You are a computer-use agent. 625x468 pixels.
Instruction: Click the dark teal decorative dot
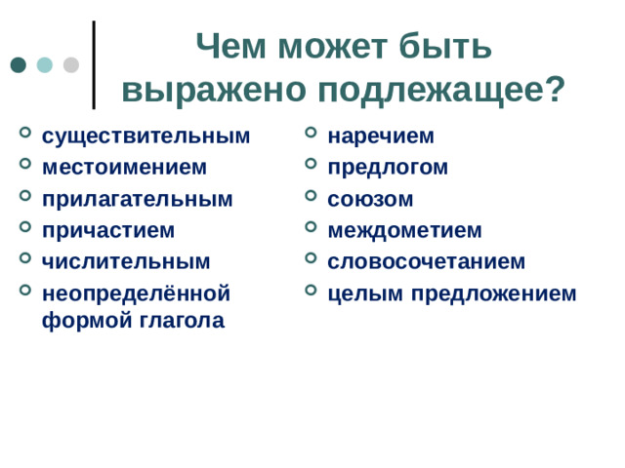(x=19, y=65)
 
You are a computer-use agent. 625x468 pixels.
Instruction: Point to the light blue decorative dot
(x=45, y=65)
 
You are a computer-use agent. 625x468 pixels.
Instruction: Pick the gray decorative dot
(x=71, y=65)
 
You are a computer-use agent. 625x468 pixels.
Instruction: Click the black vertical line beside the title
(x=94, y=64)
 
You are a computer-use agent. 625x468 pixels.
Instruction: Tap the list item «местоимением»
(x=124, y=167)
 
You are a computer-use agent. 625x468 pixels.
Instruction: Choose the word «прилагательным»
(x=137, y=199)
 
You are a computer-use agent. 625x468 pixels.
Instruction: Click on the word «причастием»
(x=108, y=230)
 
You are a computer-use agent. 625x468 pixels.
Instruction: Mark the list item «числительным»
(x=126, y=261)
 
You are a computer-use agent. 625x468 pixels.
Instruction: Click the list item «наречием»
(x=380, y=136)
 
